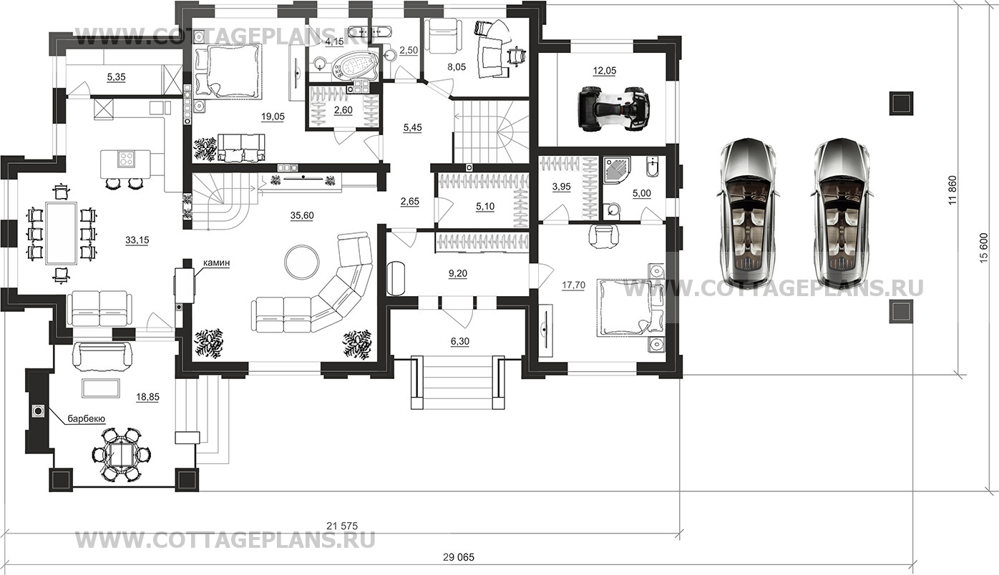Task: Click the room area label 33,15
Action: point(137,240)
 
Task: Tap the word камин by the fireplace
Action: point(217,263)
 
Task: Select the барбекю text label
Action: point(86,418)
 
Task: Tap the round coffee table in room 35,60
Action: point(302,262)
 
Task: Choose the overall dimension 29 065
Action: point(459,557)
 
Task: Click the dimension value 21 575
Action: point(342,526)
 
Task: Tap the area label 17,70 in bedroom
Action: point(573,285)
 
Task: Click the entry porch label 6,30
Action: point(460,341)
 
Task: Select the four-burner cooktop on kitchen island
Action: point(127,159)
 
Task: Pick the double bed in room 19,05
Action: point(228,72)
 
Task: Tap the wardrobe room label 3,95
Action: point(562,187)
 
